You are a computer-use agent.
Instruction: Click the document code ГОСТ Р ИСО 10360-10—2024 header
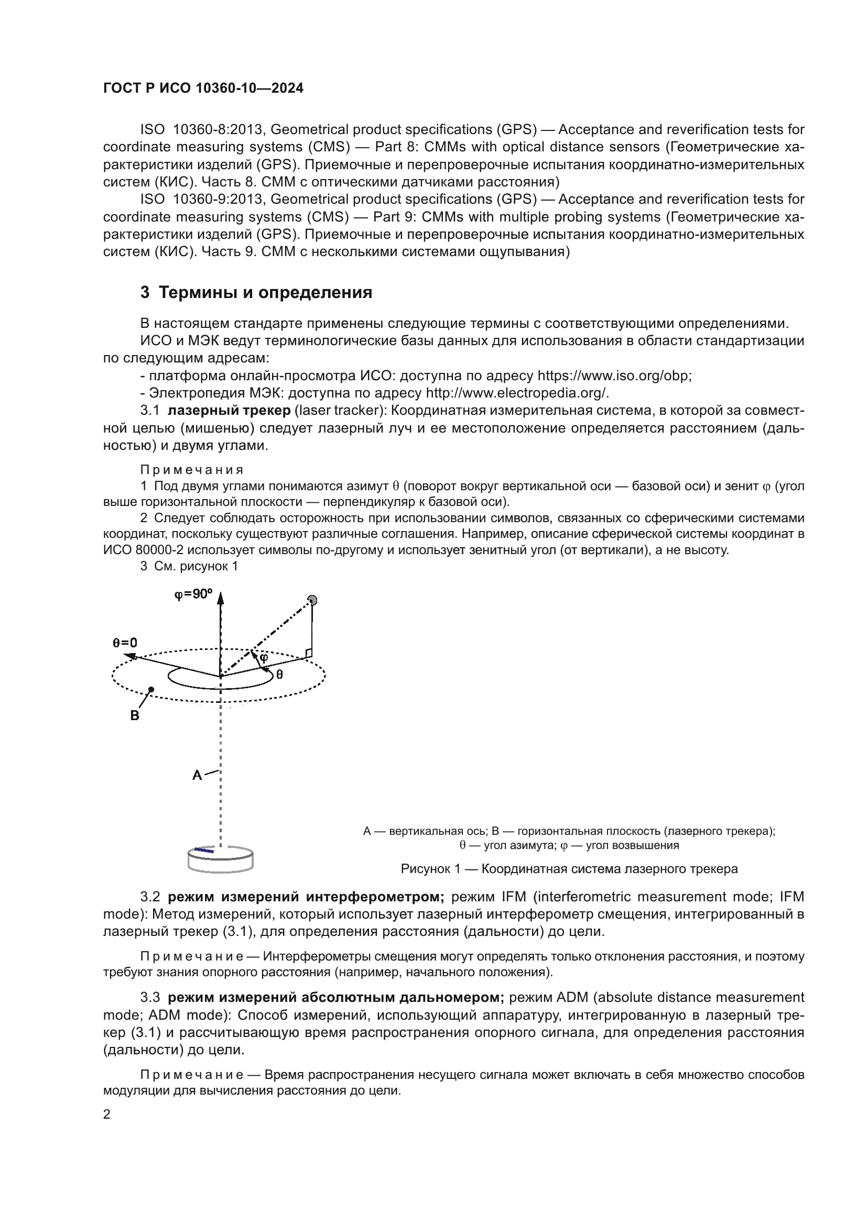[x=203, y=88]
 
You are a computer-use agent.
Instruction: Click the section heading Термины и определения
[x=265, y=292]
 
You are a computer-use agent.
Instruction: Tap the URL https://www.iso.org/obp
[x=614, y=376]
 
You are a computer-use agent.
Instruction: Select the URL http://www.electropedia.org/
[x=517, y=393]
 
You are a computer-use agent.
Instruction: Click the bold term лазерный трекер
[x=229, y=411]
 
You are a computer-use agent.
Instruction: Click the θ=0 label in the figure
[x=124, y=643]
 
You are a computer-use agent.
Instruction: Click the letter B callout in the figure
[x=135, y=715]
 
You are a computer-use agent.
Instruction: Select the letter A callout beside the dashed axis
[x=197, y=775]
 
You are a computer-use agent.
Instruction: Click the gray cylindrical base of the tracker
[x=221, y=860]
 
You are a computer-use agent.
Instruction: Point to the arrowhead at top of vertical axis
[x=221, y=598]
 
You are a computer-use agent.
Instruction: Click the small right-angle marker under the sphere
[x=308, y=653]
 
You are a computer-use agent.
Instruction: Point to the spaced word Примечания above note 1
[x=192, y=470]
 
